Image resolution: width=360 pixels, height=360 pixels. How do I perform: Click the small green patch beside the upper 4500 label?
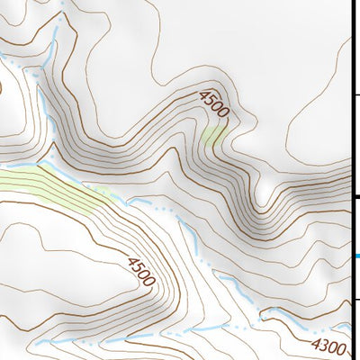(x=212, y=136)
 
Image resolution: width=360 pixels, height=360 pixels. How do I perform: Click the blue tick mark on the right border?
(x=356, y=256)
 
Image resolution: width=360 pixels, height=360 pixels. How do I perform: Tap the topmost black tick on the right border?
(x=356, y=95)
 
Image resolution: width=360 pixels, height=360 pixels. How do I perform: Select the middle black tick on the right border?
(x=356, y=197)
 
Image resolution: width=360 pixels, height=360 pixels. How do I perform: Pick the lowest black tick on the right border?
(x=356, y=300)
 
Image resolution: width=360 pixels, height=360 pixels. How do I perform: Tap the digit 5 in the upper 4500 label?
(x=212, y=99)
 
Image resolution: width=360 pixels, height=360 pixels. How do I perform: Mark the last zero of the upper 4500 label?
(x=224, y=112)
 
